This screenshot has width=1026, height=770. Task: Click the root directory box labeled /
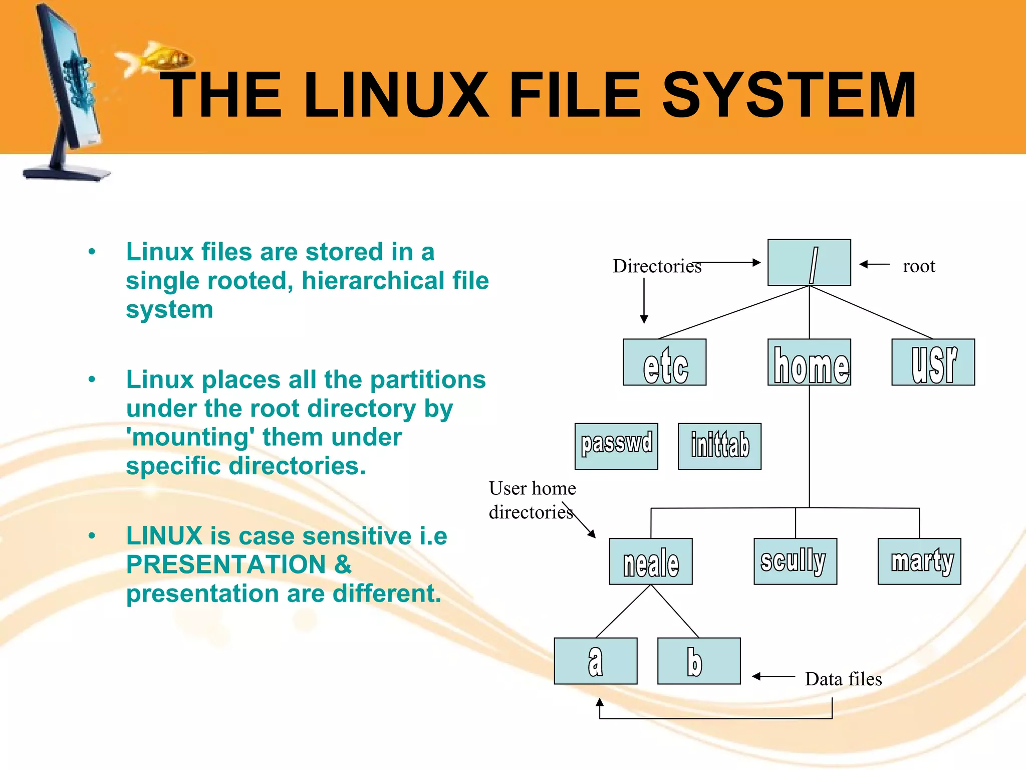[x=809, y=263]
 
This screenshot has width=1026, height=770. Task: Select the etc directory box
[x=664, y=362]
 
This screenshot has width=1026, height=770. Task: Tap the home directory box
[x=809, y=362]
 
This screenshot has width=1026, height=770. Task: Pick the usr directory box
[x=933, y=362]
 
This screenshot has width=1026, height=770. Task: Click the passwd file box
[x=616, y=446]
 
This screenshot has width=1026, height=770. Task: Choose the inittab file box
[x=719, y=446]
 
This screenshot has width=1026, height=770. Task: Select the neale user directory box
[x=651, y=561]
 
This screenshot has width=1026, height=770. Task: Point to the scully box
[x=795, y=561]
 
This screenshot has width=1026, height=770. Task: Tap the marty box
[x=919, y=561]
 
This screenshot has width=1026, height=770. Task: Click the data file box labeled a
[x=596, y=661]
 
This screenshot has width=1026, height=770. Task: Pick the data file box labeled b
[x=699, y=661]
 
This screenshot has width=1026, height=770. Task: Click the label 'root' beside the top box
[x=919, y=266]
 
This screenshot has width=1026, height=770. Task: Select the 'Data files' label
[x=843, y=679]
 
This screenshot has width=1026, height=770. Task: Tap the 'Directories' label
[x=657, y=266]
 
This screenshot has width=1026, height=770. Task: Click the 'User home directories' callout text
[x=532, y=500]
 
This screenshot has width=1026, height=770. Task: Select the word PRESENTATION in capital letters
[x=225, y=565]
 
